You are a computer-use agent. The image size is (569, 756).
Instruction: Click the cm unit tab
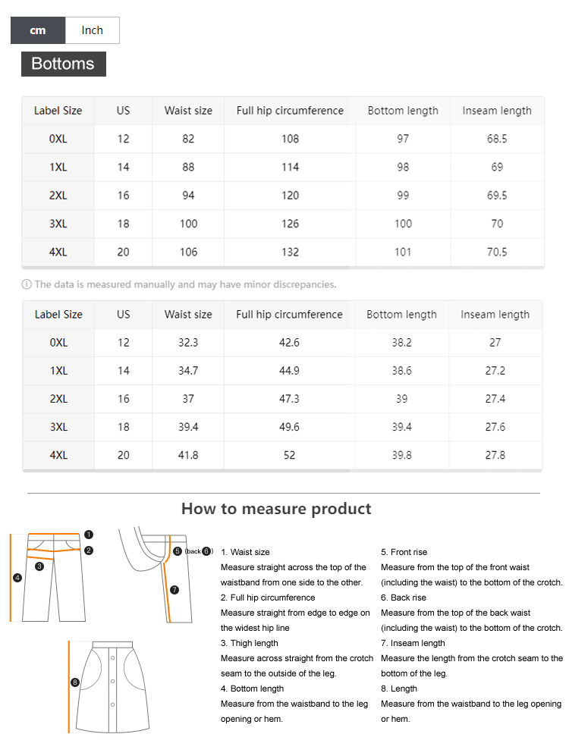[38, 30]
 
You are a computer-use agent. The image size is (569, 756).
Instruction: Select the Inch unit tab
[92, 30]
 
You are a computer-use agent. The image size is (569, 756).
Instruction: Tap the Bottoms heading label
[63, 64]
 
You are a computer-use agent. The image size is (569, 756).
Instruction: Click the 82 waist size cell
[188, 139]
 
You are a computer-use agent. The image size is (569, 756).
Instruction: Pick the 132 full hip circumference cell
[290, 252]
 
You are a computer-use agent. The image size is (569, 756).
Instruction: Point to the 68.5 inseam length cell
[497, 139]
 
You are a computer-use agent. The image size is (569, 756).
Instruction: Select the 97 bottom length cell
[403, 139]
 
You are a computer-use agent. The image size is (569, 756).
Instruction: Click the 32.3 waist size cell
[188, 343]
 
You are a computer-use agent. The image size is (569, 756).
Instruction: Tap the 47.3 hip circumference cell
[289, 399]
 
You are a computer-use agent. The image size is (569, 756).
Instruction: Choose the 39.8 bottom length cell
[401, 455]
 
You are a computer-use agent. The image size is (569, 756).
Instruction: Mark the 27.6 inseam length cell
[495, 427]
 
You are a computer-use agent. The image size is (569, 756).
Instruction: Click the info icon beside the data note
[27, 285]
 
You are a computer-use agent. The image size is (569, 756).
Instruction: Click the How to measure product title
[276, 509]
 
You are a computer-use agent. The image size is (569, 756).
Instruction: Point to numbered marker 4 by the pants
[17, 578]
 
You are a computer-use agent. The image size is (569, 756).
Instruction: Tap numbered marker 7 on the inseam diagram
[174, 589]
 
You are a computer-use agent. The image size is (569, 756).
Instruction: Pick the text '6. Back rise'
[404, 598]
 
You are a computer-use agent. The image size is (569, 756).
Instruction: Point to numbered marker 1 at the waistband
[89, 535]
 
